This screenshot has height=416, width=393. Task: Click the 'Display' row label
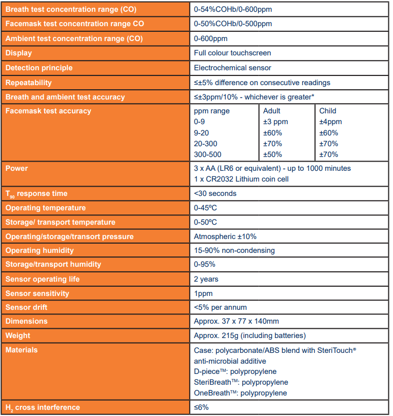(18, 53)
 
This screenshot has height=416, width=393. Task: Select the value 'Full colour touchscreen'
(232, 53)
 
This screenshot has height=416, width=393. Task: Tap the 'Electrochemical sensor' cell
(232, 68)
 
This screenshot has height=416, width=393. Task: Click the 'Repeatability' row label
(29, 83)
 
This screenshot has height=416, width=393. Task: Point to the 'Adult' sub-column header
(272, 111)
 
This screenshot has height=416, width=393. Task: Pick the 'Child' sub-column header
(328, 111)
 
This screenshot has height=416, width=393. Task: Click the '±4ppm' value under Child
(330, 122)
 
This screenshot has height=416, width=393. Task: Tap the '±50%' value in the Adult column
(272, 154)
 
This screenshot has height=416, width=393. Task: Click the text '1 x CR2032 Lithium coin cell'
(241, 179)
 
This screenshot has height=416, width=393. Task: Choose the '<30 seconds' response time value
(215, 193)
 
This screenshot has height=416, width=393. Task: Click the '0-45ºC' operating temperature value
(205, 208)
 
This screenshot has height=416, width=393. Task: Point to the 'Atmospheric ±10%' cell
(225, 236)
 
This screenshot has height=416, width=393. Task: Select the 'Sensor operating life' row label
(43, 279)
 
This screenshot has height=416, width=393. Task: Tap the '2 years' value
(206, 279)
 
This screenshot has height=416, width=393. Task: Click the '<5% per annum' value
(220, 307)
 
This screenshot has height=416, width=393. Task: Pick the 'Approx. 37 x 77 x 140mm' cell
(237, 321)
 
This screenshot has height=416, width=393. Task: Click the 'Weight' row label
(18, 335)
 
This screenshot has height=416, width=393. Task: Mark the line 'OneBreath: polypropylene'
(241, 393)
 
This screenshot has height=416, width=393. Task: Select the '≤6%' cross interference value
(201, 407)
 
